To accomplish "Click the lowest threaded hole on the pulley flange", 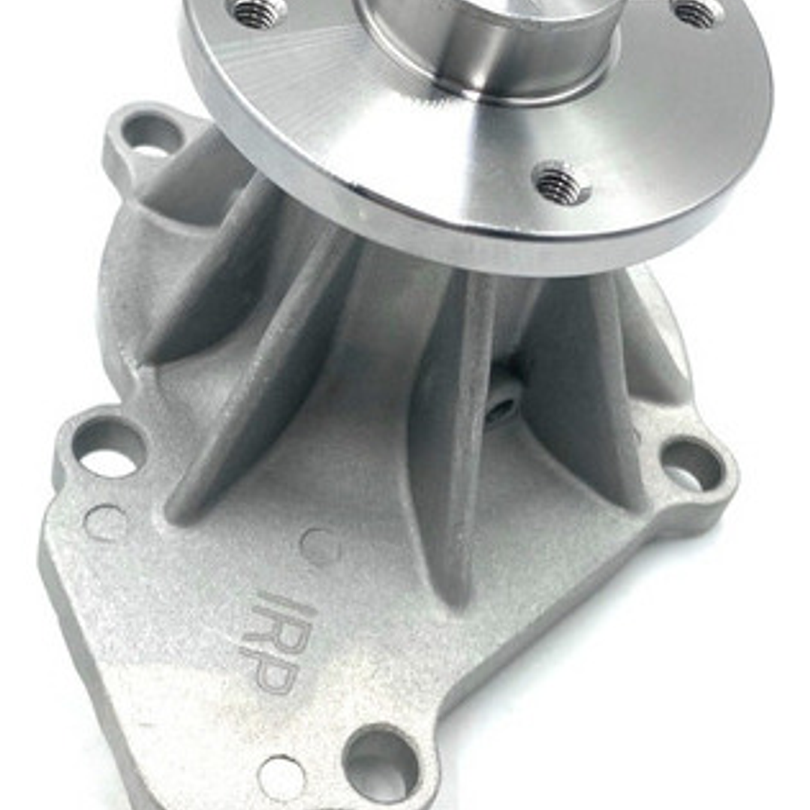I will (561, 182).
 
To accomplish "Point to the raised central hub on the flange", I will (492, 45).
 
